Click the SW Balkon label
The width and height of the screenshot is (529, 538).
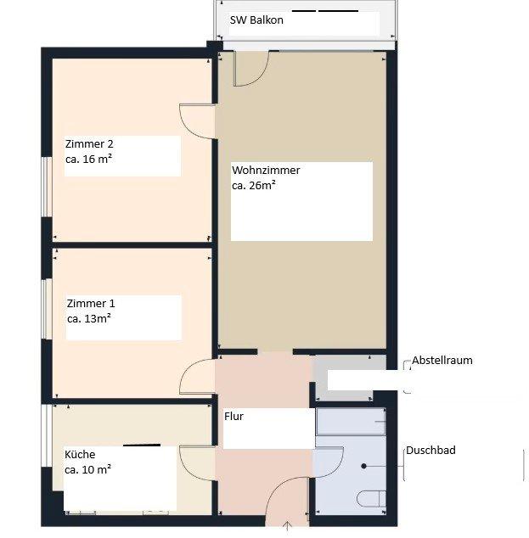(256, 20)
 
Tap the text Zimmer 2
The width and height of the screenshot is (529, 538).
(89, 143)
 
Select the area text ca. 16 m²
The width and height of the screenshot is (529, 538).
(88, 160)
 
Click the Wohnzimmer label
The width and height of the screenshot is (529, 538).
(266, 171)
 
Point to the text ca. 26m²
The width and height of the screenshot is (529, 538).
(254, 186)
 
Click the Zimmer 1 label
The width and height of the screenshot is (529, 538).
(91, 303)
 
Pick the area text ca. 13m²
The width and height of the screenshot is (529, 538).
(89, 319)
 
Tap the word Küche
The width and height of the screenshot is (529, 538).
(80, 454)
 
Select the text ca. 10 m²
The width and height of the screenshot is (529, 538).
(87, 469)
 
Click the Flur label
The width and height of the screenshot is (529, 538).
(234, 416)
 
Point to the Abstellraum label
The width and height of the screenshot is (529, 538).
(442, 361)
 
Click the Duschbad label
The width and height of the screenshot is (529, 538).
(431, 450)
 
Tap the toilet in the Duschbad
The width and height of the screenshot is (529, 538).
(371, 499)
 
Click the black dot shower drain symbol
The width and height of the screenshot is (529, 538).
(364, 466)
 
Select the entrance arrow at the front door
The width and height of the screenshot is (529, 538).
(287, 527)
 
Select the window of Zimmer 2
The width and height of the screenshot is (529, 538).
(47, 187)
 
